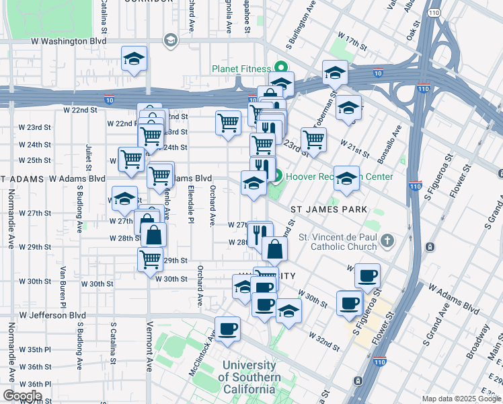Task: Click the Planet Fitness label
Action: coord(241,69)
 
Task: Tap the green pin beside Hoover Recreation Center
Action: coord(278,176)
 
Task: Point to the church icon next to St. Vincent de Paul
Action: coord(387,240)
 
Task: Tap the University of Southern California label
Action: coord(249,377)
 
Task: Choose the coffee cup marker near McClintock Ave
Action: coord(227,329)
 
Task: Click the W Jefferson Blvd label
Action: coord(52,314)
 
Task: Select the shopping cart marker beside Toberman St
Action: coord(313,139)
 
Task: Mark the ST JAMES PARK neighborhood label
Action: coord(328,209)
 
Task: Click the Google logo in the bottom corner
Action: coord(22,396)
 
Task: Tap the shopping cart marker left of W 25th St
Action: coord(130,160)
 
